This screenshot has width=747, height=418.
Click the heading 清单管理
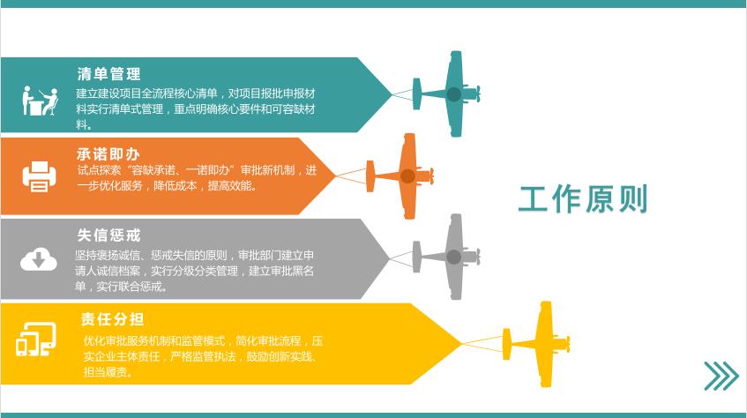(108, 74)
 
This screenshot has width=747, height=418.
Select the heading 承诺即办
(108, 154)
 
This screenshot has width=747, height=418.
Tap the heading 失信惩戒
(108, 235)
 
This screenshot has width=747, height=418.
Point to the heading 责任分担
(112, 319)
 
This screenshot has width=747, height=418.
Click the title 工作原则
(583, 199)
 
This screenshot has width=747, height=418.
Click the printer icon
(39, 176)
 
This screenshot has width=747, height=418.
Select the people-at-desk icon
(40, 101)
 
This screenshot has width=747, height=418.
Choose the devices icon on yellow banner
(36, 339)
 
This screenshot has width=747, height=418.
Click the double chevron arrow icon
(721, 376)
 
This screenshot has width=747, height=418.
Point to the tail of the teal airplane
(416, 93)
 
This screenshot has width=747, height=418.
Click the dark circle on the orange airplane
(407, 176)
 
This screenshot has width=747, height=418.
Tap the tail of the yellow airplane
(506, 344)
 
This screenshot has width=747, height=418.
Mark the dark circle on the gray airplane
(453, 257)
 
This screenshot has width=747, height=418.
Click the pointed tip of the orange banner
(336, 175)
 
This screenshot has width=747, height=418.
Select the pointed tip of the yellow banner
(461, 343)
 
